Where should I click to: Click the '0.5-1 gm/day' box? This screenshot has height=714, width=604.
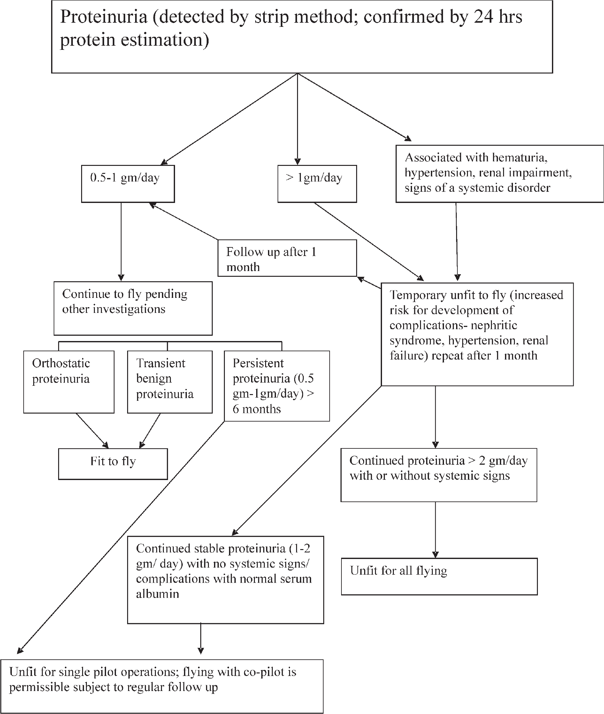[x=128, y=184]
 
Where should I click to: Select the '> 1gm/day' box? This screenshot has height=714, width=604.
[x=317, y=184]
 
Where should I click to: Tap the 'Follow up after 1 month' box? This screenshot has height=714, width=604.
[x=287, y=258]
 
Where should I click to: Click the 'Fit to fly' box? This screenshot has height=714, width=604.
[x=113, y=464]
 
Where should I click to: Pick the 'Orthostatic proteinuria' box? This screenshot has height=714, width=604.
[x=69, y=382]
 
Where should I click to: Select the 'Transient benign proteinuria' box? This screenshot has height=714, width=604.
[x=170, y=382]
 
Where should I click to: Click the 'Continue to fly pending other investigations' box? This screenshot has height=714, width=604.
[x=133, y=308]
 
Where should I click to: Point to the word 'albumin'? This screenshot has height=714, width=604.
[x=157, y=594]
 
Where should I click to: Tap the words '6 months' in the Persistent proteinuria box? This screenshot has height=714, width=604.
[x=257, y=409]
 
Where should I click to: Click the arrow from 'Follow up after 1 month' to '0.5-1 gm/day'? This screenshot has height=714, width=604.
[x=184, y=221]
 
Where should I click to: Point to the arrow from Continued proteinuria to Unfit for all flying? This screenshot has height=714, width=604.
[x=436, y=530]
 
